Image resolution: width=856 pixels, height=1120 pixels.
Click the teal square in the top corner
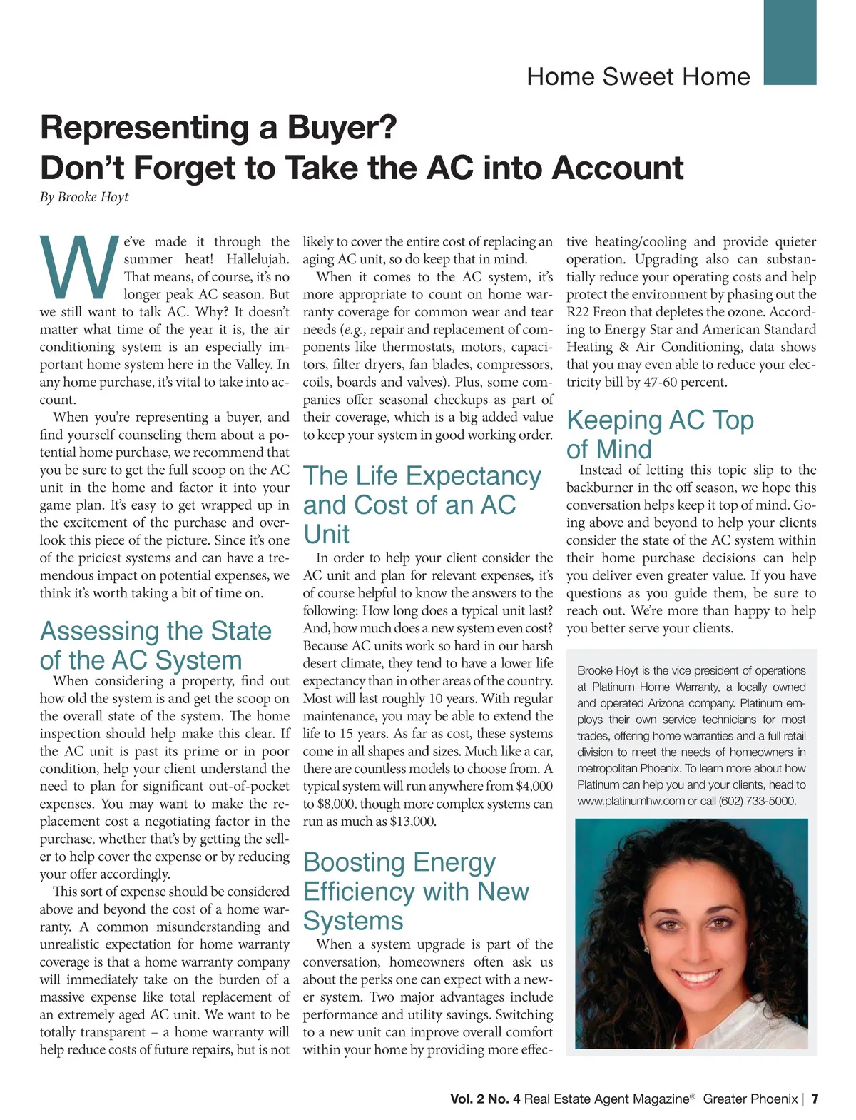coord(790,43)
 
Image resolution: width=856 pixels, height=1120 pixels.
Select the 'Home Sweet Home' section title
coord(638,76)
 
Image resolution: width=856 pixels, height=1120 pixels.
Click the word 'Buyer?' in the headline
coord(342,128)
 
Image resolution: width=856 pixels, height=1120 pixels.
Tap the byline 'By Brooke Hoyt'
coord(84,197)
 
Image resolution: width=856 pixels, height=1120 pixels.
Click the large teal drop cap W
coord(79,267)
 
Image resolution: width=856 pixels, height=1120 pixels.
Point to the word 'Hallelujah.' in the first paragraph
coord(258,259)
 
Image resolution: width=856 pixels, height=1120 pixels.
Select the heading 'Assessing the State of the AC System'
coord(156,645)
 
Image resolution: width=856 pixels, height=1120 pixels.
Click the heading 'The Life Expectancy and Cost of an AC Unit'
coord(422,505)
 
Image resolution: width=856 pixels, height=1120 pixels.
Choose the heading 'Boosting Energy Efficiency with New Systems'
coord(416,891)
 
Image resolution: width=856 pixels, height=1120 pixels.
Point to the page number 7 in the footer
coord(815,1099)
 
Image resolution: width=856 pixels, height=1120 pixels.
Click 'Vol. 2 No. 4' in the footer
coord(485,1099)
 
